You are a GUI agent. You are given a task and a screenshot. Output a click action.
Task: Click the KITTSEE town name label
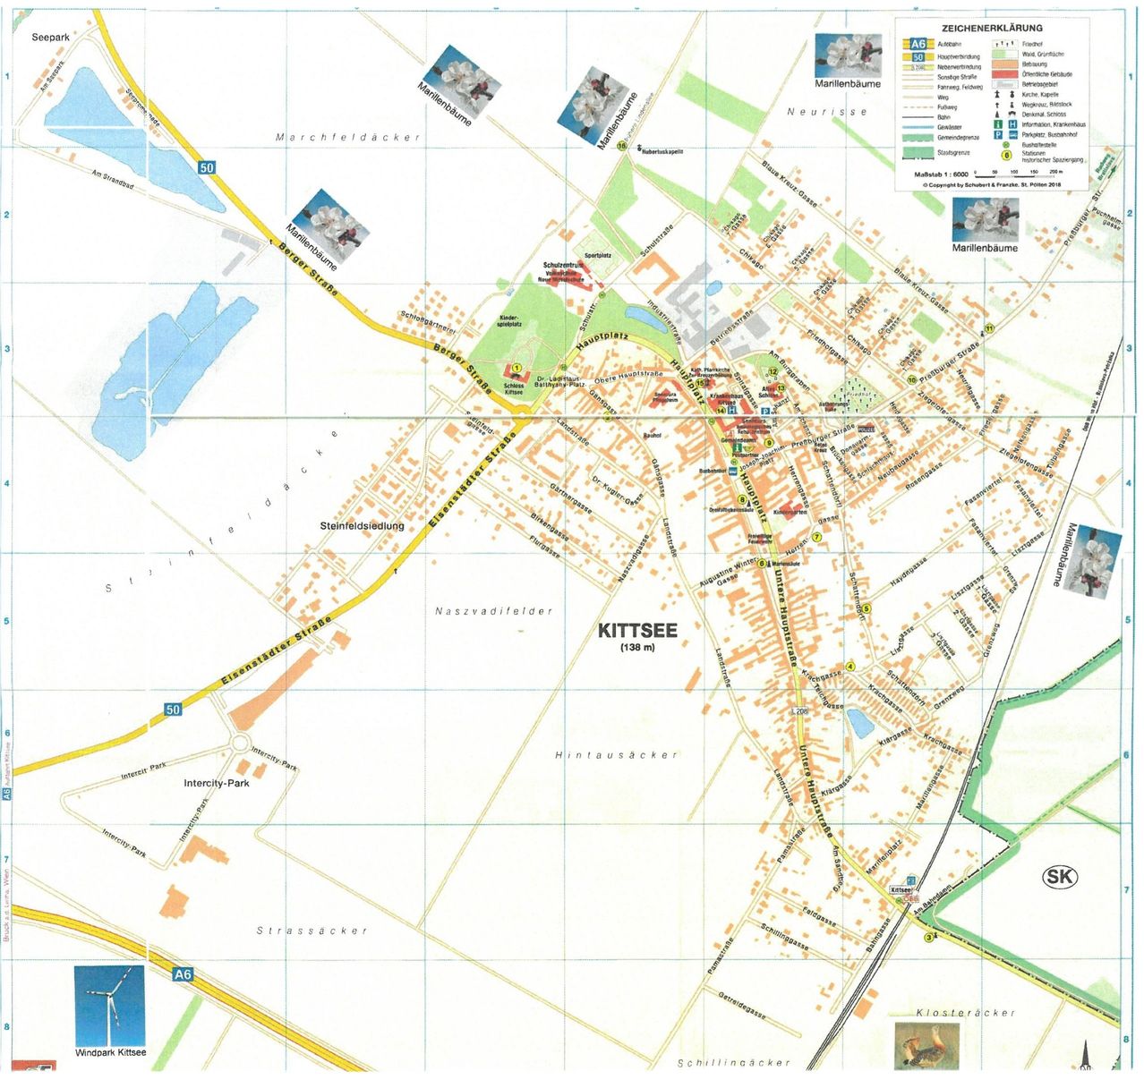point(637,630)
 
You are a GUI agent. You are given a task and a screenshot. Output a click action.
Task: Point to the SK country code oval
point(1060,877)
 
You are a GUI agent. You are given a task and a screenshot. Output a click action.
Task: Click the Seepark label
point(50,38)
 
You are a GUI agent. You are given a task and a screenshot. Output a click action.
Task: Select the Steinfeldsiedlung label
point(362,526)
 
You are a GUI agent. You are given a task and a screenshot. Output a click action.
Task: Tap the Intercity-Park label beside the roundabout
point(216,783)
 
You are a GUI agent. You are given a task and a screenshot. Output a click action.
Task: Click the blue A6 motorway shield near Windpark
point(183,974)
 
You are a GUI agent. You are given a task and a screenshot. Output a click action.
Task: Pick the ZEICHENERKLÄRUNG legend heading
point(992,29)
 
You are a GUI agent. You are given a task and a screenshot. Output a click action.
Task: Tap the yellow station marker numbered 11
point(989,328)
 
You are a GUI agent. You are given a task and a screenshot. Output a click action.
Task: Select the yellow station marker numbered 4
point(850,666)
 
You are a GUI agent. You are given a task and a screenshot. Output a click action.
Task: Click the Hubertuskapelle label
point(662,152)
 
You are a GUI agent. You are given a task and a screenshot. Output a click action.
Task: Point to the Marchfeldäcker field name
point(347,138)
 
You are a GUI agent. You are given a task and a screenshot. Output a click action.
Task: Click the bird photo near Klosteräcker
point(926,1045)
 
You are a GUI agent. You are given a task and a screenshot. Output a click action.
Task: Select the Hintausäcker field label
point(616,755)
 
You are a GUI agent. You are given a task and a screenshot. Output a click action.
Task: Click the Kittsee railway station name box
point(901,890)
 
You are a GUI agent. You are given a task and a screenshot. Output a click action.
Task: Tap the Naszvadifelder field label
point(494,611)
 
